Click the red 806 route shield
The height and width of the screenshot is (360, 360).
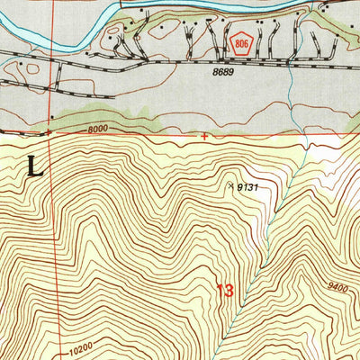coord(239,42)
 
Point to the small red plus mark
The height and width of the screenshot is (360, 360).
coord(205,137)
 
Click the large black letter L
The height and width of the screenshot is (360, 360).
coord(35,166)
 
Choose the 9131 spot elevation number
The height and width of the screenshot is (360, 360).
coord(251,187)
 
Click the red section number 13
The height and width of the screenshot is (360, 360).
coord(226,291)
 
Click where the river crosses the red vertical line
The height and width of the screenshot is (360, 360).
coord(50,24)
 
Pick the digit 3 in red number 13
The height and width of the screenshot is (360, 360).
coord(230,291)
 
